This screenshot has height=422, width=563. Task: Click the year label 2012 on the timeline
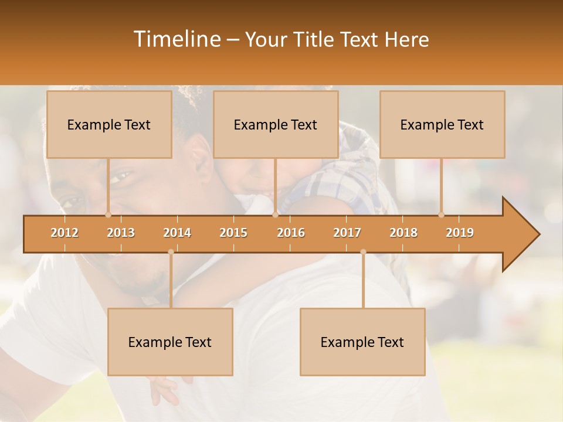tap(65, 233)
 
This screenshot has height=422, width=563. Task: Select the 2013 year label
tap(121, 233)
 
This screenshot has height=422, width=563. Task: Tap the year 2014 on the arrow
tap(177, 233)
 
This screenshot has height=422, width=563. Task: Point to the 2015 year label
tap(233, 233)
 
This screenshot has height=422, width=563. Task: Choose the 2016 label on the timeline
tap(291, 233)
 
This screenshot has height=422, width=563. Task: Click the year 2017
tap(347, 233)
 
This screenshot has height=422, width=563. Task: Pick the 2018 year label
tap(403, 233)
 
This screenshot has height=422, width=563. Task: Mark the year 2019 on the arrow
tap(460, 233)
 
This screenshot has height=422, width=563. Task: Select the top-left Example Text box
tap(109, 125)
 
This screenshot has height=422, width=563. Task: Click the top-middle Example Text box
tap(276, 125)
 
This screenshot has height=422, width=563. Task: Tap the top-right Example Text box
tap(442, 125)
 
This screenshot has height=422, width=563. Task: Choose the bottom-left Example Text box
tap(170, 342)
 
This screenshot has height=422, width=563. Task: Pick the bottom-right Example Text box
tap(362, 342)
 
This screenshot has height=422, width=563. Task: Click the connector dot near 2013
tap(108, 215)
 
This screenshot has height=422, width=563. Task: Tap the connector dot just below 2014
tap(171, 252)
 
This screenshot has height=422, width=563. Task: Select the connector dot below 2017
tap(363, 252)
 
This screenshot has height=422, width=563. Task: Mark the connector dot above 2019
tap(442, 215)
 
